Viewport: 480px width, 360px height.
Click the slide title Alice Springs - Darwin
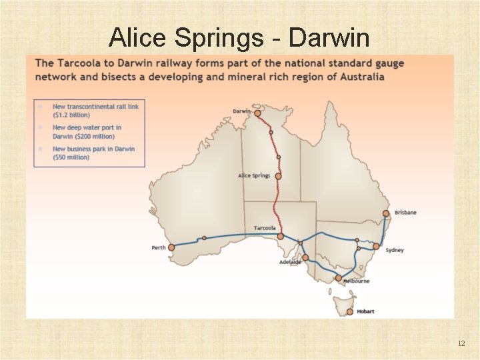(239, 38)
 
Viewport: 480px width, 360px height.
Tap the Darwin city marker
(257, 113)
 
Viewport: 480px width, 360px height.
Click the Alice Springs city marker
(278, 177)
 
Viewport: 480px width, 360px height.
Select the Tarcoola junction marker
(281, 236)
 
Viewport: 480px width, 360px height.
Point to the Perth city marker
(171, 247)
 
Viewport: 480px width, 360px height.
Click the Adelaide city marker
(305, 257)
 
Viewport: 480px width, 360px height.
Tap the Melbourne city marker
(339, 277)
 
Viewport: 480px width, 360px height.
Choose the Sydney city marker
(376, 247)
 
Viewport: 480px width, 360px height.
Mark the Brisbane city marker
(385, 214)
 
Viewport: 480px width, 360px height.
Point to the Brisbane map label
(405, 213)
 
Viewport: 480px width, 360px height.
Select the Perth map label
(159, 248)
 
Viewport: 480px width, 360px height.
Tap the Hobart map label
(365, 311)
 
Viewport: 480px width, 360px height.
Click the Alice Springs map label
(254, 176)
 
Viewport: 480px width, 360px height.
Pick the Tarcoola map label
(265, 228)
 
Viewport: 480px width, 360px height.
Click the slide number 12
(461, 343)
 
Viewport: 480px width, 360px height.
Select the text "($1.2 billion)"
(71, 115)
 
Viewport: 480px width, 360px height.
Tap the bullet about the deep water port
(87, 131)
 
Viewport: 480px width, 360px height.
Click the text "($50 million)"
(71, 157)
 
